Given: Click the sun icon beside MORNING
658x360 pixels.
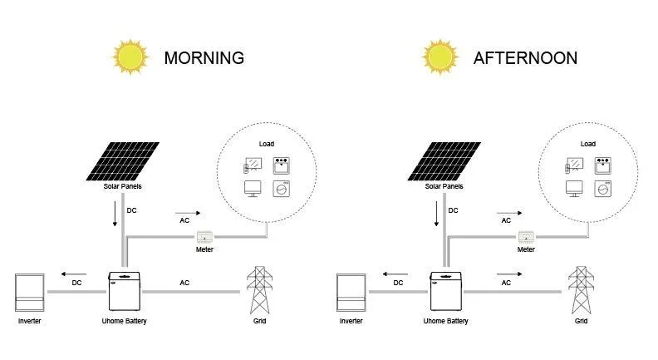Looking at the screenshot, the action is coord(130,57).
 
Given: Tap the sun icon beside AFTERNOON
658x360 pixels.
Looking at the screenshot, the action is coord(439,57).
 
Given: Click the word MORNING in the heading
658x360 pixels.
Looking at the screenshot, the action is coord(204,58).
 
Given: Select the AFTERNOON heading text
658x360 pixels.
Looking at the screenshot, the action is coord(525,58).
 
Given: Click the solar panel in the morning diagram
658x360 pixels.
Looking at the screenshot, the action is coord(122,161).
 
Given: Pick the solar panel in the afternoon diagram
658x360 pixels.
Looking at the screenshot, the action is coord(444,161).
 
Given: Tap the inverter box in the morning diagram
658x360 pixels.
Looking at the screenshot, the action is coord(29,293).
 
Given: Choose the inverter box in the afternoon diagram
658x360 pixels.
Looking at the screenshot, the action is coord(351,293).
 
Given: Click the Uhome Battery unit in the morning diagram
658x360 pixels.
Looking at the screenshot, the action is coord(125,291).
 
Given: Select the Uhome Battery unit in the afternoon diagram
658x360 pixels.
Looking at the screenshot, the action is coord(445,291).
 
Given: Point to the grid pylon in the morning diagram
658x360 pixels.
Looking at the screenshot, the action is coord(259,290).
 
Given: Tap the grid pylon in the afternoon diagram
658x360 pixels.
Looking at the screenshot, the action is coord(581,290).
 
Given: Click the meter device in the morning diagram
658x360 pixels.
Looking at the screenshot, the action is coord(204,237).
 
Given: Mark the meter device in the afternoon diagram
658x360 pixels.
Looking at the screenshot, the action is coord(526,237).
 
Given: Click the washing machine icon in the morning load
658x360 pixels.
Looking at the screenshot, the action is coord(281,189).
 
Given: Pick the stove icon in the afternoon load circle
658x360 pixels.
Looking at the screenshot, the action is coord(602,165).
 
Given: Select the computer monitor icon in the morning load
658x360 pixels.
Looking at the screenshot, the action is coord(253,189).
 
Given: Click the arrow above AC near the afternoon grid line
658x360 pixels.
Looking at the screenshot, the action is coord(509,274).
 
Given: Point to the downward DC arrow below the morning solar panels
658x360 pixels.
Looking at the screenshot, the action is coord(115,214).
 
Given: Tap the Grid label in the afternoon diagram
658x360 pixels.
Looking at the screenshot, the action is coord(581,321).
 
